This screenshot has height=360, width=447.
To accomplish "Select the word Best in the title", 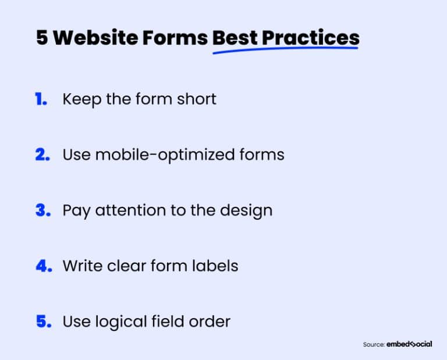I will coord(234,38).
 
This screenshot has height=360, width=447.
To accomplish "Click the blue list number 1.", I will coord(41,99).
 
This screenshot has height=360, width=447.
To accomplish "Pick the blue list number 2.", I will coord(42,155).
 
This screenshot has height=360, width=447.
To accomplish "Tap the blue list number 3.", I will coord(43,210).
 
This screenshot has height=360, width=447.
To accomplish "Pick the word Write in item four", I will coord(81,266).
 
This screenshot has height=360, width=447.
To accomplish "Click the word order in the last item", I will coord(211,322).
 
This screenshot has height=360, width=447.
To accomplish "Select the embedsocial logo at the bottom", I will coord(409,344).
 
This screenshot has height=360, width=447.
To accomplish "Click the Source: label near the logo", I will coord(373,345).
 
